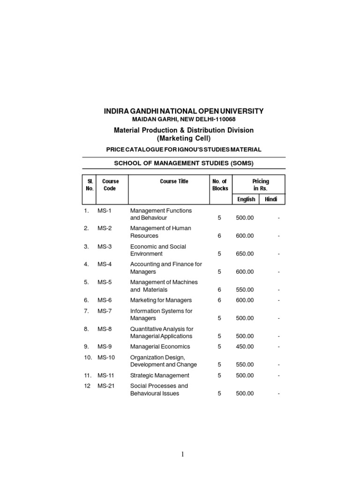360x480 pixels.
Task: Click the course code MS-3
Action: [x=104, y=247]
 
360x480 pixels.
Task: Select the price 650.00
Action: [x=245, y=254]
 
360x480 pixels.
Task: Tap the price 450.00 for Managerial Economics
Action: [x=245, y=347]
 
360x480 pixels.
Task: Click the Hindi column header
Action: [x=271, y=199]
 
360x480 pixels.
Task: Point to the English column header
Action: [x=246, y=199]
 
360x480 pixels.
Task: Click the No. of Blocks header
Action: [x=220, y=185]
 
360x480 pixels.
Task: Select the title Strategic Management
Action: [x=160, y=375]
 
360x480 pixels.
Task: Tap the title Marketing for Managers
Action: [x=161, y=300]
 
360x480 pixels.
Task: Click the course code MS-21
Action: [x=106, y=386]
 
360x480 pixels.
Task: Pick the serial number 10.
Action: [x=88, y=358]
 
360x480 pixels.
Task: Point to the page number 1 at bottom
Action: [x=182, y=454]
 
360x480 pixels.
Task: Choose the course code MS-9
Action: [x=104, y=347]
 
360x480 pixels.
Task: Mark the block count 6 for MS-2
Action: [x=219, y=236]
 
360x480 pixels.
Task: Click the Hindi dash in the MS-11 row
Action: [x=278, y=375]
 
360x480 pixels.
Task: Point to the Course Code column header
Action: [x=111, y=185]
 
